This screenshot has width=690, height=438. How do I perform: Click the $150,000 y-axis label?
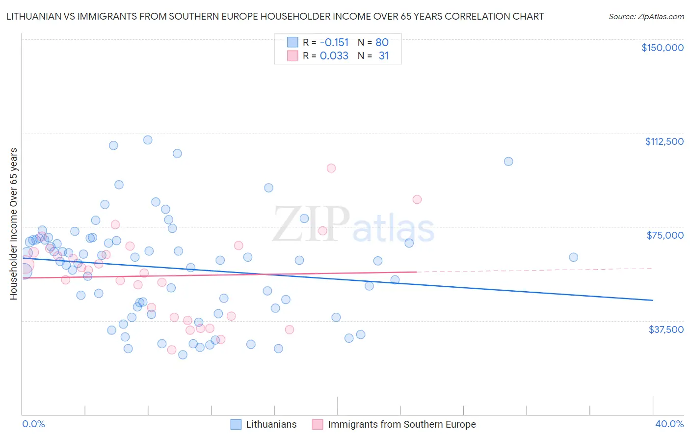coord(662,48)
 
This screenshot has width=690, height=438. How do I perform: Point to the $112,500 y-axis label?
coord(664,141)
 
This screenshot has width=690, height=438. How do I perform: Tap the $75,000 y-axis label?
coord(665,235)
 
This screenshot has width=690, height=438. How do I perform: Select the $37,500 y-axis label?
coord(666,329)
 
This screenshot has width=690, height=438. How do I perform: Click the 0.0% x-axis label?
coord(33,424)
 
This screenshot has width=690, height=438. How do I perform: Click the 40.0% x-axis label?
coord(669,424)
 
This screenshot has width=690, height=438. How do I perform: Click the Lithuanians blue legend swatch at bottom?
coord(236,424)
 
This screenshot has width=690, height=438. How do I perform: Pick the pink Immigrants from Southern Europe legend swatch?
coord(318,424)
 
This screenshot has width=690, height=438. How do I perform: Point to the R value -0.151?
coord(334,42)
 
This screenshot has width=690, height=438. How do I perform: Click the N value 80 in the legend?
coord(382,42)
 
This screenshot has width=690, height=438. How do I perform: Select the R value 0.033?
coord(334,56)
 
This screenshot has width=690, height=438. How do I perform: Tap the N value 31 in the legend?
coord(383,56)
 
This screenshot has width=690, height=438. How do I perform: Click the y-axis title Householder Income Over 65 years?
coord(14,224)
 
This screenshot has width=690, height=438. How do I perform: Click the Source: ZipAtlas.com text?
coord(646,17)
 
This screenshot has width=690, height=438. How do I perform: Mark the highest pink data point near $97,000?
coord(331,168)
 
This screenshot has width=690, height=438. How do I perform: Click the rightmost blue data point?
coord(573,257)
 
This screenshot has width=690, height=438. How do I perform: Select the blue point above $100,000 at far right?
coord(508,162)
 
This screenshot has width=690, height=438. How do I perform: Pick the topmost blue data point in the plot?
coord(148,140)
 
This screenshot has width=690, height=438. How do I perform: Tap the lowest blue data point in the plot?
coord(183,355)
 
